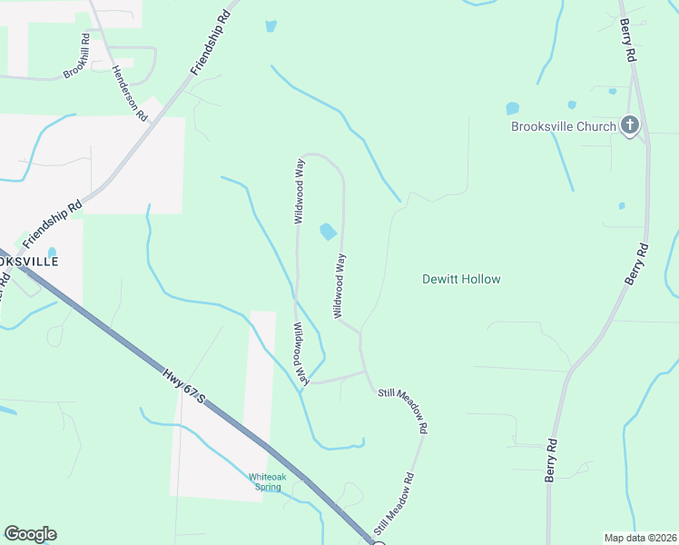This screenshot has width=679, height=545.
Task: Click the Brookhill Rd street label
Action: [77, 56]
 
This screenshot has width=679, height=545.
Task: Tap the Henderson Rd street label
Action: [129, 94]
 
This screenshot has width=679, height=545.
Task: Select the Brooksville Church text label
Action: [564, 126]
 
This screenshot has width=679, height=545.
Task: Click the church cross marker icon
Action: [631, 125]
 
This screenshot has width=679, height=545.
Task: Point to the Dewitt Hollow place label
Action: [461, 279]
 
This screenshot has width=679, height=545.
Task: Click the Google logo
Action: [30, 534]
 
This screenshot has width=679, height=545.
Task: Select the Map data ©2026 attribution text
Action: [641, 537]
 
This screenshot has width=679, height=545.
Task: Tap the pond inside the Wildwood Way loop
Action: [328, 233]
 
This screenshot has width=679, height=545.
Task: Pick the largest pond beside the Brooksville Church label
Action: [512, 109]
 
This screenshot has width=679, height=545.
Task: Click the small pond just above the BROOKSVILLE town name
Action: [52, 253]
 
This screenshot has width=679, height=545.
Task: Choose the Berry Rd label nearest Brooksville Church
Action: [629, 43]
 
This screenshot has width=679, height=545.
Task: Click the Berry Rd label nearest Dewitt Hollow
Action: [637, 264]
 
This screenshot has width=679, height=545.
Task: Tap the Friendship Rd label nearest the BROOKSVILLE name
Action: [52, 224]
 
